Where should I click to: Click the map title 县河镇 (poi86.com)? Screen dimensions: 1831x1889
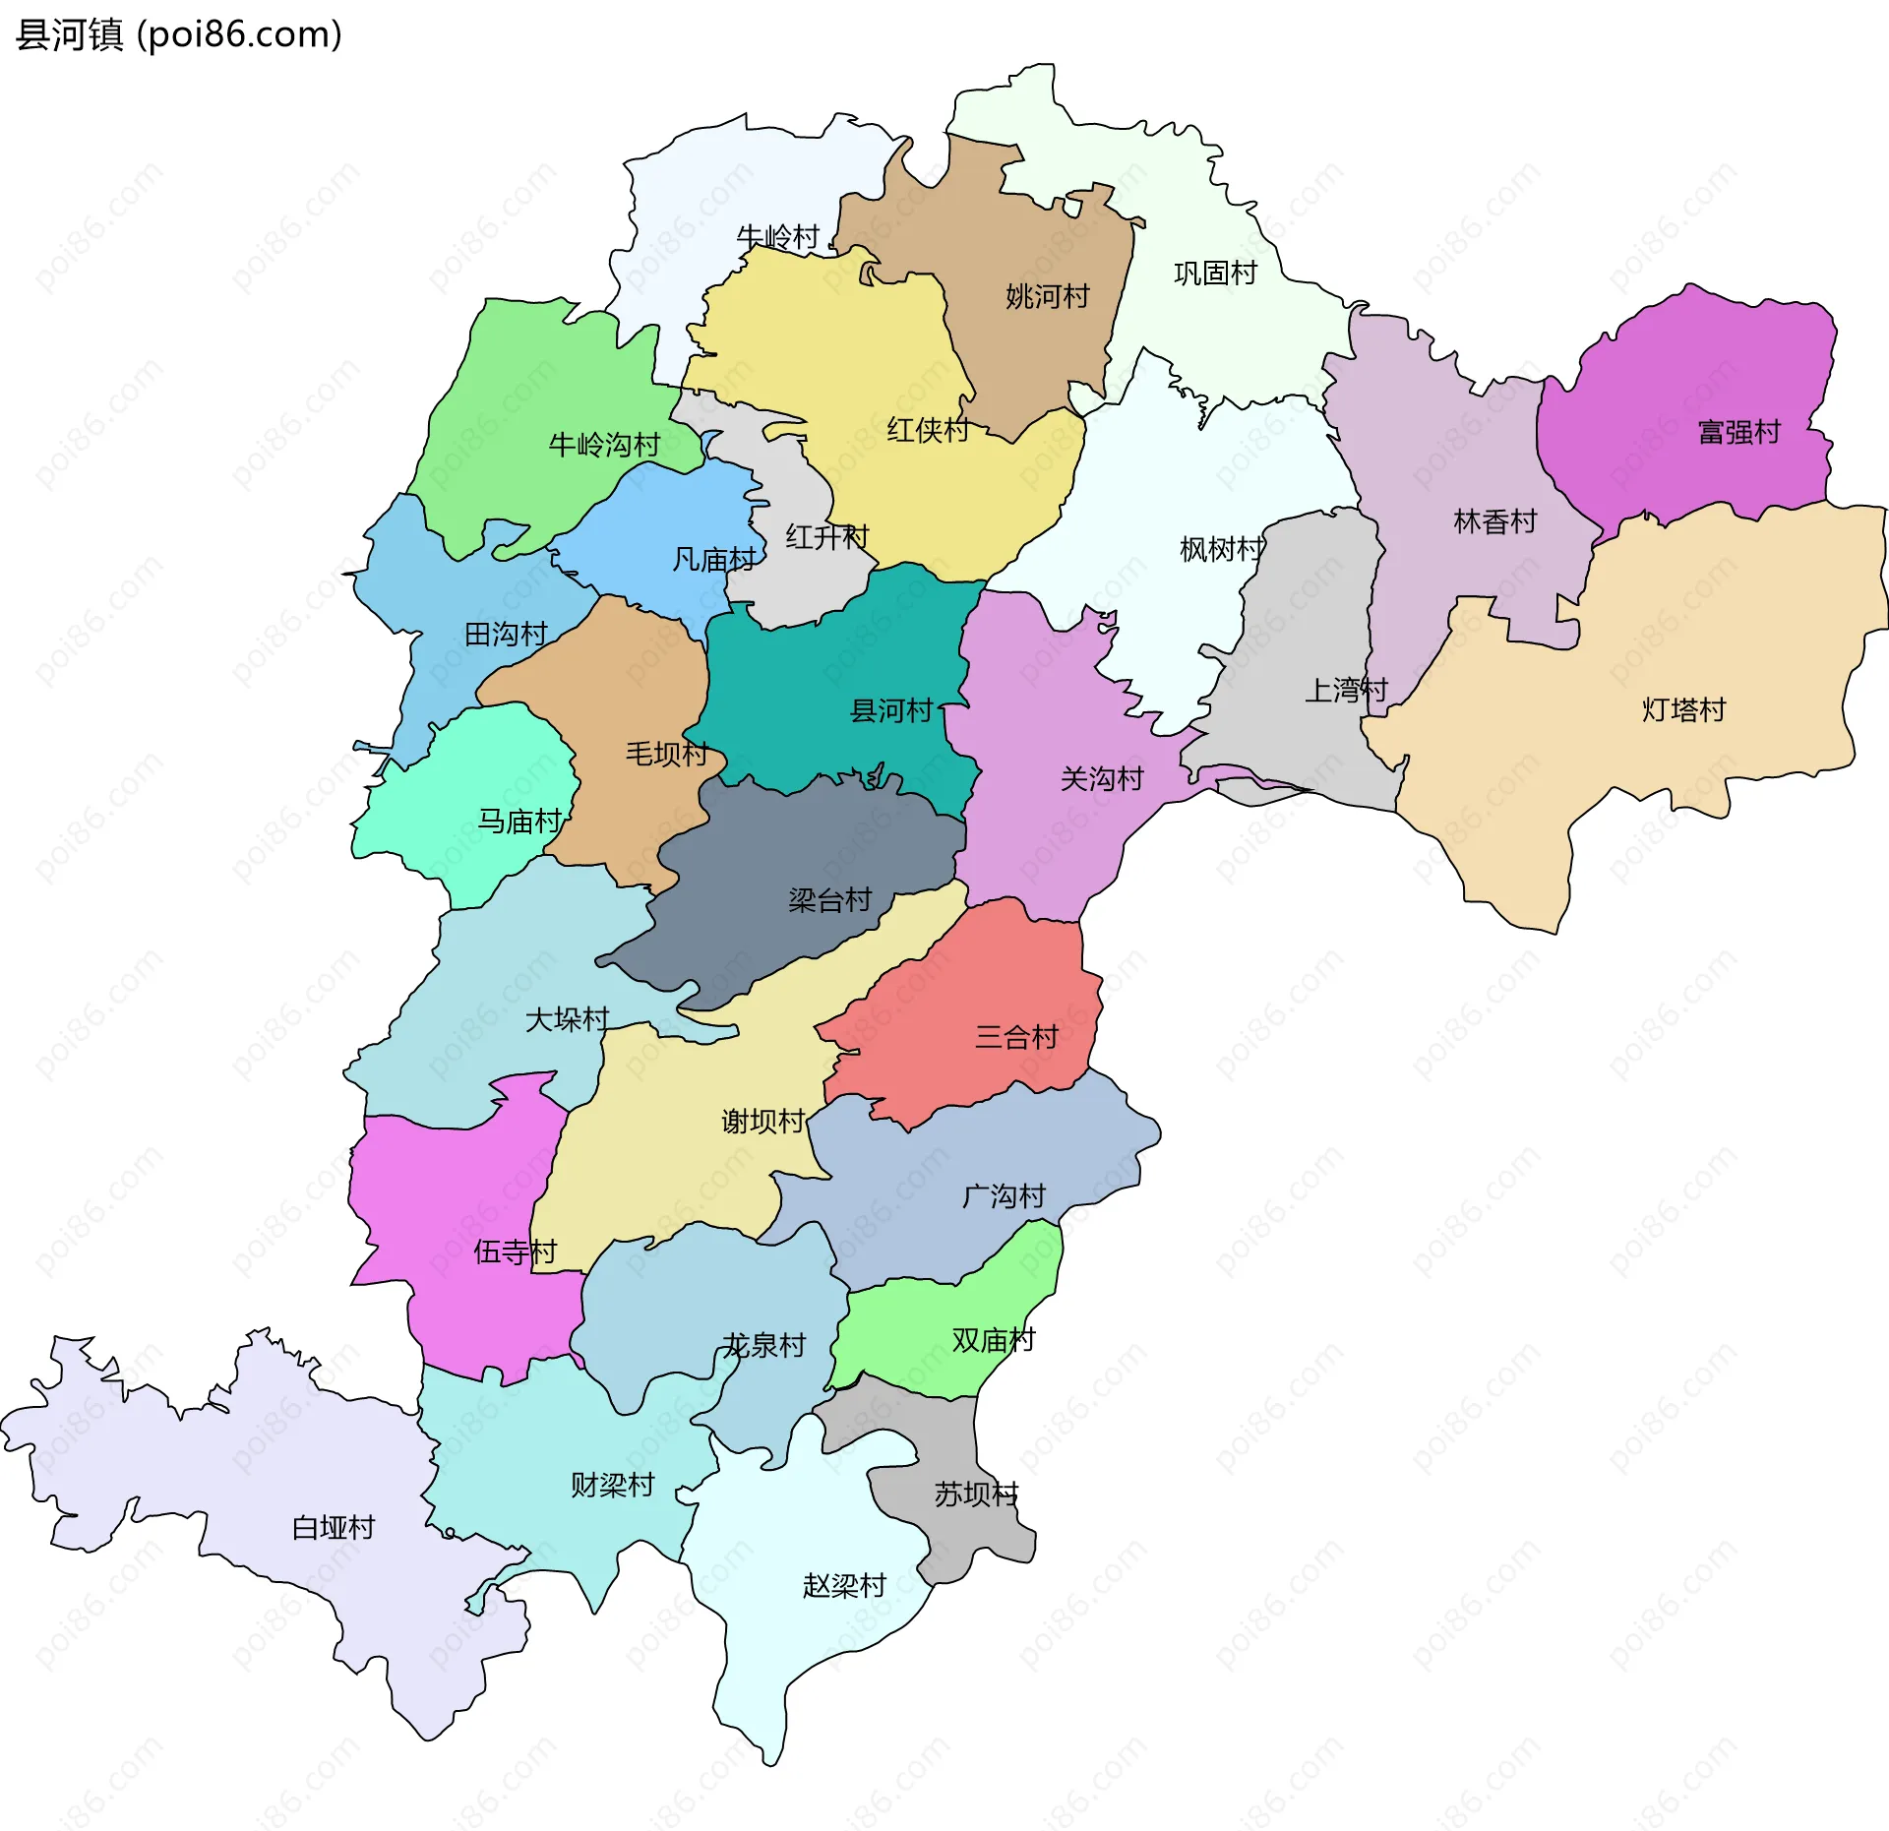[x=179, y=34]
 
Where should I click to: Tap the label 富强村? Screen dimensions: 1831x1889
[x=1738, y=432]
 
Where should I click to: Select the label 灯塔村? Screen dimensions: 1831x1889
[x=1683, y=709]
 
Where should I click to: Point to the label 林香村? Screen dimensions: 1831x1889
[x=1494, y=521]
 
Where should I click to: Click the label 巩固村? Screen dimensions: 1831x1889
[x=1215, y=273]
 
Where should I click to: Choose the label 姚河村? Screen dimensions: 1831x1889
[x=1047, y=296]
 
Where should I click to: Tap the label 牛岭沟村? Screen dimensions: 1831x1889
[x=604, y=445]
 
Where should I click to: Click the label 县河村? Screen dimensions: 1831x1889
[x=890, y=710]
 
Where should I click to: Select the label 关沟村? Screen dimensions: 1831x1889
[x=1101, y=779]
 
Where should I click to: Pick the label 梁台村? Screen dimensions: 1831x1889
[x=829, y=899]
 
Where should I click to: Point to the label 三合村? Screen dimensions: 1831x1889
[x=1015, y=1036]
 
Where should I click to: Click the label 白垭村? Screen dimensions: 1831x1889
[x=334, y=1527]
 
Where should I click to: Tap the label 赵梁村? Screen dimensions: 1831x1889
[x=844, y=1585]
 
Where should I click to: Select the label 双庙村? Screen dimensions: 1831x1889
[x=993, y=1339]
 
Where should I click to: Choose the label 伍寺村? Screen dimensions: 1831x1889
[x=515, y=1251]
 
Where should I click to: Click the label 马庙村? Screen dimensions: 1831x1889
[x=518, y=821]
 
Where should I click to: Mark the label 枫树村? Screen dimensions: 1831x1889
[x=1221, y=549]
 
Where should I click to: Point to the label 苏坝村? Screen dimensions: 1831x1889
[x=975, y=1495]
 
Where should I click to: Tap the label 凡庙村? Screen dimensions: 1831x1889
[x=713, y=560]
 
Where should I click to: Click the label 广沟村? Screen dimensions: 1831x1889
[x=1003, y=1196]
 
